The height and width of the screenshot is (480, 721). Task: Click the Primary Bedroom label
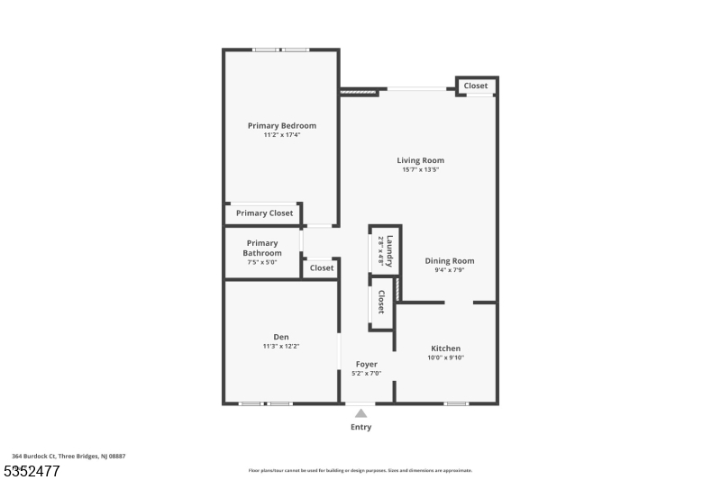coord(282,125)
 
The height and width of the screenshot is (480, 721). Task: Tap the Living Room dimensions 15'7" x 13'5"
coord(420,169)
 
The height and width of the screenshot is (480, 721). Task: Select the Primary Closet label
coord(264,213)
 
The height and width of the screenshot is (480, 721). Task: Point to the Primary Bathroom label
coord(262,248)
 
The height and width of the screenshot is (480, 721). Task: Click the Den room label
coord(281,337)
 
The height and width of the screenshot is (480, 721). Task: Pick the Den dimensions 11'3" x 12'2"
coord(281,347)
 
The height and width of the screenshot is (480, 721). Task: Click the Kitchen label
coord(445,349)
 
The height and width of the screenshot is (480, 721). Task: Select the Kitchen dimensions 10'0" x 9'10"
coord(445,358)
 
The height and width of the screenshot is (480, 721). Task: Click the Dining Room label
coord(449,261)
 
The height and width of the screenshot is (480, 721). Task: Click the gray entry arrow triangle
coord(360,413)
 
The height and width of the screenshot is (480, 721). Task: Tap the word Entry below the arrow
coord(360,427)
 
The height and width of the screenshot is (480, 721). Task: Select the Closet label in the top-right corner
coord(476,86)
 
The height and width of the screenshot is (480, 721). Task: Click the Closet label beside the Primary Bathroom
coord(322,267)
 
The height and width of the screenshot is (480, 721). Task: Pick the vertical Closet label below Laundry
coord(381,302)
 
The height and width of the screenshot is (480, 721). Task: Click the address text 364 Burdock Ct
coord(68,457)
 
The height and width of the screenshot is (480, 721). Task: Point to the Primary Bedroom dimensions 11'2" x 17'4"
coord(282,135)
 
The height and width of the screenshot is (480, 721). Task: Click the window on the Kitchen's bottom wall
coord(456,403)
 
